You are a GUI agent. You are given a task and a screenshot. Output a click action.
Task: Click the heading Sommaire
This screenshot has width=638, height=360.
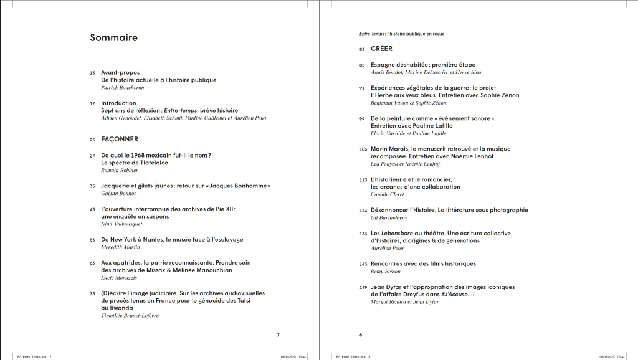coord(113,38)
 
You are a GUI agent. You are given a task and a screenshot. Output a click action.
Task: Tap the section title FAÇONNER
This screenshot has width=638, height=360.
coord(120,139)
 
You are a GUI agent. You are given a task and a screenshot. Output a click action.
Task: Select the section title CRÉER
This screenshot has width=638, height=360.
coord(381,49)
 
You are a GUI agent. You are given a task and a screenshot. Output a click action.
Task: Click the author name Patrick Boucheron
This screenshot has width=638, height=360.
coord(122,88)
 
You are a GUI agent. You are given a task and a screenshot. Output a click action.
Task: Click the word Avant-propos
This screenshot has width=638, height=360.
coord(120,72)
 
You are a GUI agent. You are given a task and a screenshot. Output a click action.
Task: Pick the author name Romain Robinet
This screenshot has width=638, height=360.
coord(120,170)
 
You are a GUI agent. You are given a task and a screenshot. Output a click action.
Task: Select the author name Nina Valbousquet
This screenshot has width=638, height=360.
coord(121,224)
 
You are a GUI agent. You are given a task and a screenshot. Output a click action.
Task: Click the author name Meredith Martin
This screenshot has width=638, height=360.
coord(120,247)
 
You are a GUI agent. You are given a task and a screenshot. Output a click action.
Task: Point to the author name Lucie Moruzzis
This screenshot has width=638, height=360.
coord(118,278)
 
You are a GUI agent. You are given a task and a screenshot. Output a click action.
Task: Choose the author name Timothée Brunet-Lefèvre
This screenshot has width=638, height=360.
coord(130,316)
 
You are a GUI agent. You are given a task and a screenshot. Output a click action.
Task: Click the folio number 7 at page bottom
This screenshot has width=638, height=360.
coord(278,335)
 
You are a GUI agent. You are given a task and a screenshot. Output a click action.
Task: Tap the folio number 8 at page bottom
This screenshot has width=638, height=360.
coord(360,335)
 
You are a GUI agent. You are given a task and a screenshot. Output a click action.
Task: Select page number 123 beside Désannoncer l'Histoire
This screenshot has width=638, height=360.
coord(363,211)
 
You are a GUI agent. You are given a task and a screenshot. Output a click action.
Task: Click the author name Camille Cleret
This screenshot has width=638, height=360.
coord(387,194)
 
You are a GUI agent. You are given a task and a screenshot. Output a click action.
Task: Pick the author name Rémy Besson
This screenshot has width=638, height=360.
coord(385,272)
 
